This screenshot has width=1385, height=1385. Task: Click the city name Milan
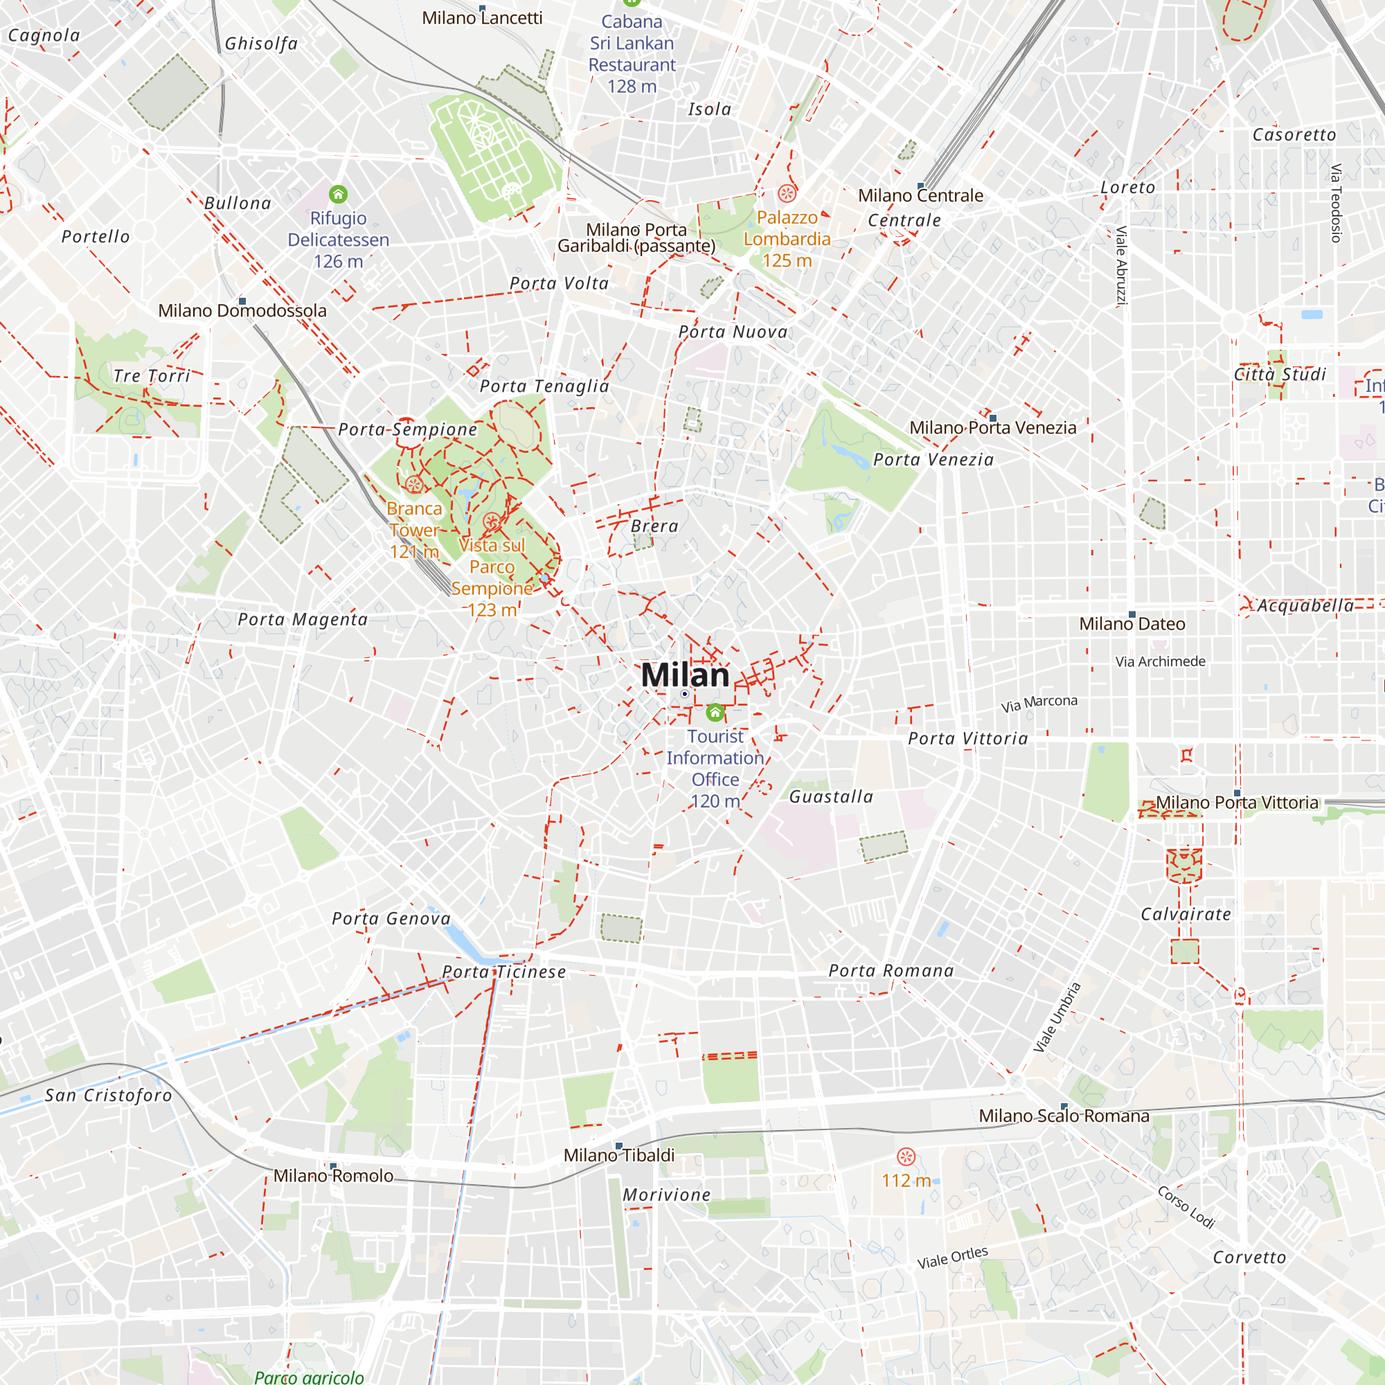point(685,675)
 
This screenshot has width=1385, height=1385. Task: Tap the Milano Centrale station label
point(920,196)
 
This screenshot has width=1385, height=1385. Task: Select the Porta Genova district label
point(391,918)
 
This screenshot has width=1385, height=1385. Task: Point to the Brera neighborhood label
point(654,526)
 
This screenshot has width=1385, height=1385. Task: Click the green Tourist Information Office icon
point(715,713)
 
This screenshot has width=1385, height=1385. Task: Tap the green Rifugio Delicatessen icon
point(339,195)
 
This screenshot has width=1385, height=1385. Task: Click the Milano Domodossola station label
point(242,310)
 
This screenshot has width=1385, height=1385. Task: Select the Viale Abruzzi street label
point(1121,265)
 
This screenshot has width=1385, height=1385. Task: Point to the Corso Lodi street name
point(1186,1207)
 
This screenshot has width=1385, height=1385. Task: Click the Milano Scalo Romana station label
point(1064,1116)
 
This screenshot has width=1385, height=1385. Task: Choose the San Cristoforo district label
point(108,1096)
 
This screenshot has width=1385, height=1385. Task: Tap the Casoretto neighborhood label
point(1294,135)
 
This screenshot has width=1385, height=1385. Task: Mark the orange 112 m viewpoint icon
point(906,1156)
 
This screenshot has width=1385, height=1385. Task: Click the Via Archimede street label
point(1160,661)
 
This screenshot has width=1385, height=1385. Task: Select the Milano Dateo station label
point(1132,625)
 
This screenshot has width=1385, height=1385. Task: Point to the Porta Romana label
point(891,971)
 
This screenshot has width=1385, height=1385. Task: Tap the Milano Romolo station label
point(333,1177)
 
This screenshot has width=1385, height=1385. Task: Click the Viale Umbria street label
point(1057,1017)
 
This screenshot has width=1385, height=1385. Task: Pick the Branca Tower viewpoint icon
point(413,485)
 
